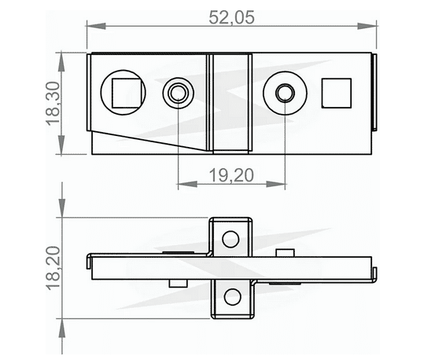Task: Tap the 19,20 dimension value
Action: (230, 176)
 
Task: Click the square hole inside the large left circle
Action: (126, 93)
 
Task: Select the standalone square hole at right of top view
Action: (337, 93)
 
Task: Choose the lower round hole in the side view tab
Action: (230, 296)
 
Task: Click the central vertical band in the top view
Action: (230, 102)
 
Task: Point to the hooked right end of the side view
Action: (374, 272)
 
